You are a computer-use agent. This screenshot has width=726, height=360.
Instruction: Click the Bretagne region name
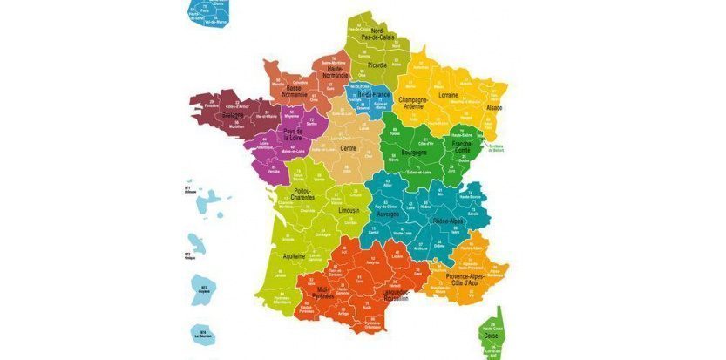click(233, 114)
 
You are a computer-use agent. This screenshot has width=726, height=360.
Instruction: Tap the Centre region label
click(348, 148)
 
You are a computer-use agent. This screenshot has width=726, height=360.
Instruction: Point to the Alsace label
click(493, 108)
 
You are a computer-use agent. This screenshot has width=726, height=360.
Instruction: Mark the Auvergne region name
click(387, 213)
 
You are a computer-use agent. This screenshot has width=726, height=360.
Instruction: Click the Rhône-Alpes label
click(448, 221)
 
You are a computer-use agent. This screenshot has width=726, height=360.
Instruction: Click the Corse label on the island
click(492, 335)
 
